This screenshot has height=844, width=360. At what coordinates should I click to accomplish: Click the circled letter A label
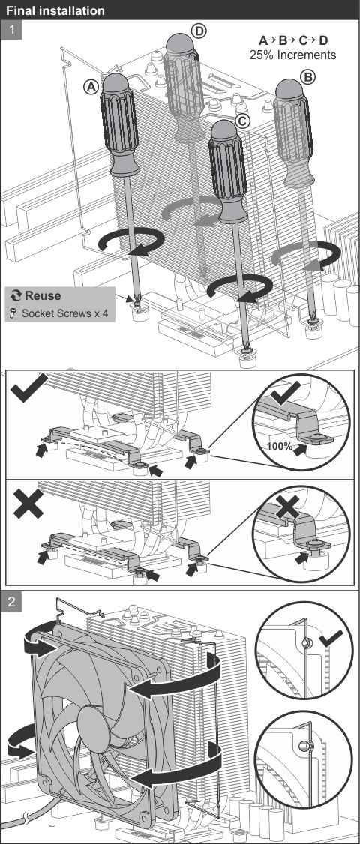pos(91,86)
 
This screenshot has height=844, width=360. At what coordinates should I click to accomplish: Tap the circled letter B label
pos(309,78)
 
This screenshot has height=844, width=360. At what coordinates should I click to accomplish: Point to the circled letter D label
pos(199,31)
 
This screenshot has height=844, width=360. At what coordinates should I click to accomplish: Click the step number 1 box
pos(12,29)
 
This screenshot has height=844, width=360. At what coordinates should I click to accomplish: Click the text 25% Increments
pos(292,55)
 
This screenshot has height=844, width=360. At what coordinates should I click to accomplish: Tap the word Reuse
pos(43,295)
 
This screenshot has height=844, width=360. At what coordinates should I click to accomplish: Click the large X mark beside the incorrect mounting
pos(28,503)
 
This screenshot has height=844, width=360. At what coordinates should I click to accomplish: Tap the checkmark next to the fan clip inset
pos(330,639)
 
